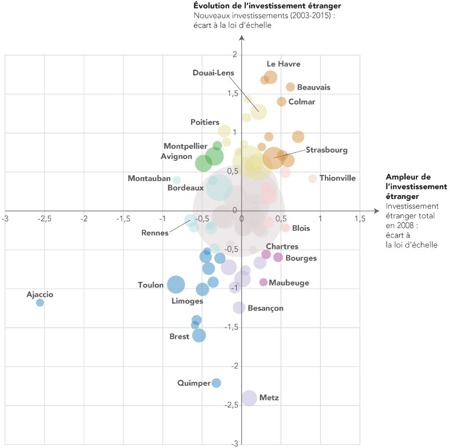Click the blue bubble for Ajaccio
(40, 303)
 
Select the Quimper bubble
(216, 383)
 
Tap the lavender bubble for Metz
(249, 398)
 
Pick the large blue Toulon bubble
(176, 285)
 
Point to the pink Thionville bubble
(313, 179)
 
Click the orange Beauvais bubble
(290, 87)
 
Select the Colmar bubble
(282, 102)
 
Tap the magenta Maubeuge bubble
(263, 282)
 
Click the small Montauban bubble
(177, 180)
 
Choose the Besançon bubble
(239, 307)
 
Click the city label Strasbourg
(326, 150)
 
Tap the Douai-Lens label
(213, 73)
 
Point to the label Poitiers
(205, 122)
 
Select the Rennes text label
(155, 233)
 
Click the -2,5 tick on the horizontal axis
(44, 218)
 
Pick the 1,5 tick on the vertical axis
(233, 93)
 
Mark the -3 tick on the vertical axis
(234, 444)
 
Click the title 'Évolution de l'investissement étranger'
(267, 6)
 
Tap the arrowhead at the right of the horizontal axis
(377, 211)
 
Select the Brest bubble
(199, 335)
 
